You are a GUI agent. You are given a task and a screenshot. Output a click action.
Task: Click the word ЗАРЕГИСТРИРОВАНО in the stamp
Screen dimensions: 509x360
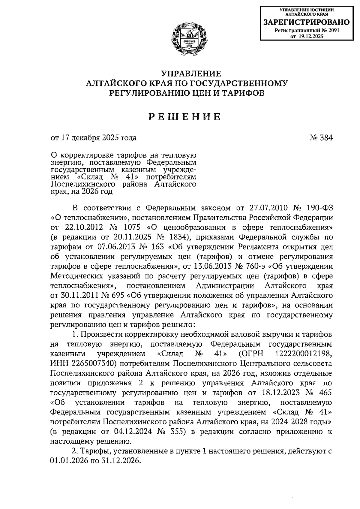click(306, 22)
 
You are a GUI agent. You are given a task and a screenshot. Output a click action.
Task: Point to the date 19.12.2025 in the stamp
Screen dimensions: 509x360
click(311, 36)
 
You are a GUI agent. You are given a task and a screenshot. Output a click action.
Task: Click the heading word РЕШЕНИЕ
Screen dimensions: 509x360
click(185, 116)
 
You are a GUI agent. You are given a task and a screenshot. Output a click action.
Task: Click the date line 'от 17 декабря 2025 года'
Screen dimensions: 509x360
click(94, 138)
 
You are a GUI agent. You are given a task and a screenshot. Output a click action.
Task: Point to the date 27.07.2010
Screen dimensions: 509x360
click(268, 208)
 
